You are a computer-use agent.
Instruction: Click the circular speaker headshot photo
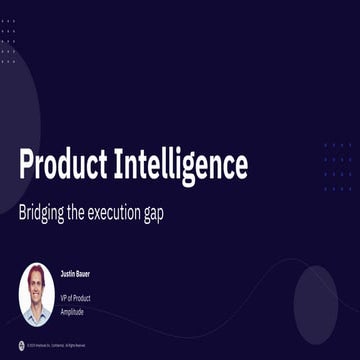point(37,294)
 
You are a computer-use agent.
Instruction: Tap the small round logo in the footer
point(8,345)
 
